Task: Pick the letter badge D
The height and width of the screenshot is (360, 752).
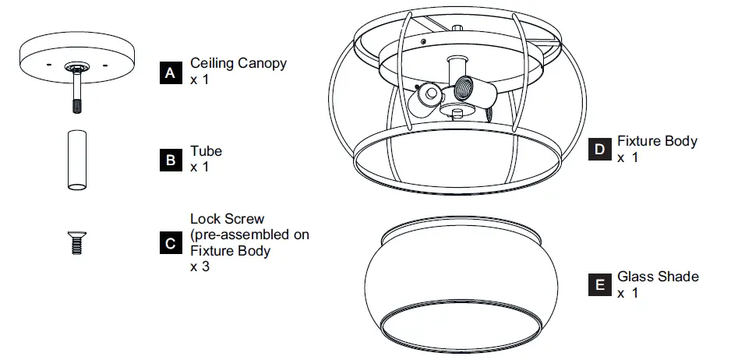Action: coord(598,150)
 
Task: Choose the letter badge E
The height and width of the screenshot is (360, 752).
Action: coord(598,285)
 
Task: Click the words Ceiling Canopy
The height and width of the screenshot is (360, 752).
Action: coord(238,64)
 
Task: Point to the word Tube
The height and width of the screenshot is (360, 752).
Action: coord(206,151)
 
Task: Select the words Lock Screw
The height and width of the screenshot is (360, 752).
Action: coord(228,219)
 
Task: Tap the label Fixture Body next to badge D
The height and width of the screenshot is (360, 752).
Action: coord(657,142)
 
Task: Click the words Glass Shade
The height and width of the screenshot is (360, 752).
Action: coord(658,277)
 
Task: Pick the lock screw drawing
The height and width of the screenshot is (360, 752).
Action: coord(76,242)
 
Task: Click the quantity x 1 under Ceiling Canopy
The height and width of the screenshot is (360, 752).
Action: coord(199,80)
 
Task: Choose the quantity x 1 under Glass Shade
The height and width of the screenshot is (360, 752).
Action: coord(627,293)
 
